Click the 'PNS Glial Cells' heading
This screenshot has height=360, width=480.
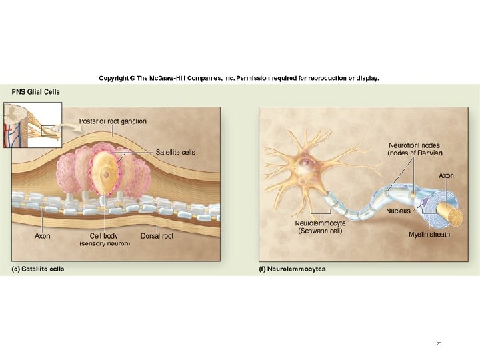35,91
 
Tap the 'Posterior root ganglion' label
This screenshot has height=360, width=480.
113,121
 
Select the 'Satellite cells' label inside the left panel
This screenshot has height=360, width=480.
175,152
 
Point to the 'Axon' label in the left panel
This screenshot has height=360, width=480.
42,236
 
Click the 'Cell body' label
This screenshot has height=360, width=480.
105,236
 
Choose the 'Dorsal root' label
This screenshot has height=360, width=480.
157,236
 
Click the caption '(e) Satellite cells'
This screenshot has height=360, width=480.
38,269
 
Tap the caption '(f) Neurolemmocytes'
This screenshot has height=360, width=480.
292,269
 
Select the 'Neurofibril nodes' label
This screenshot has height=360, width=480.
414,145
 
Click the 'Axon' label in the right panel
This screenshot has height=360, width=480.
446,175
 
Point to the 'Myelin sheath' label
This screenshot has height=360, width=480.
429,235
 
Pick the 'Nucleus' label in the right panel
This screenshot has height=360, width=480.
399,211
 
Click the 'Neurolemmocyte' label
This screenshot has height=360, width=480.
321,223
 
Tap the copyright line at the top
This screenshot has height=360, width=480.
239,78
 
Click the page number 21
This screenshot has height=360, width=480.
439,344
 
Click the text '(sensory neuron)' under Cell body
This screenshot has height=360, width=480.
105,244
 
